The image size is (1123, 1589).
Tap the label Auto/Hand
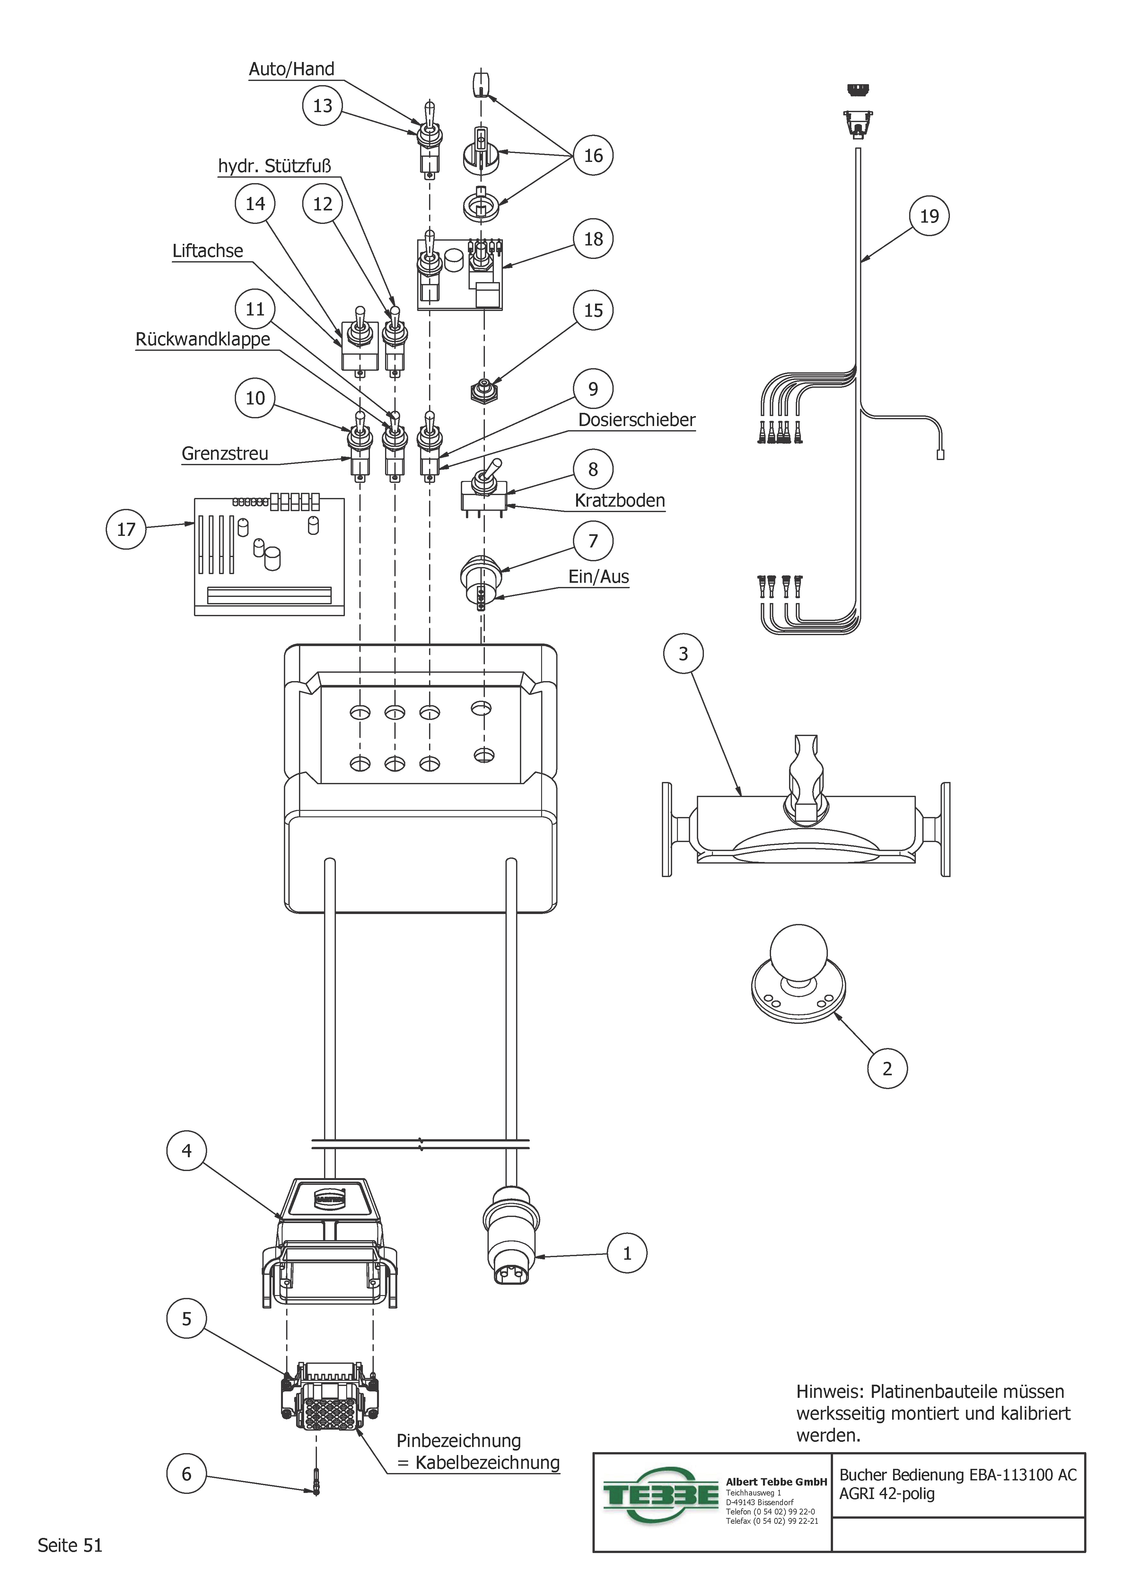291,69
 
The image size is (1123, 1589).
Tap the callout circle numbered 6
186,1474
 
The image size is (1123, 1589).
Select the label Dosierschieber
636,420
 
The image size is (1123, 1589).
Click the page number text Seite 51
70,1545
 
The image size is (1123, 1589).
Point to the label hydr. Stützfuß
275,166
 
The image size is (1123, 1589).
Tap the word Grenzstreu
225,454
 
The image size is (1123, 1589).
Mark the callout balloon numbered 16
593,156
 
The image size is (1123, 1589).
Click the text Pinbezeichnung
458,1441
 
